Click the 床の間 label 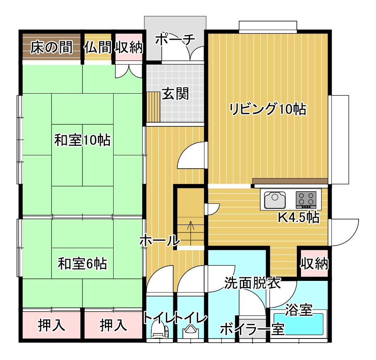click(x=51, y=47)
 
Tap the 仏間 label click(x=98, y=47)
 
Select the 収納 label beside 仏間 click(x=129, y=47)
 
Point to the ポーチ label click(x=175, y=39)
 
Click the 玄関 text click(x=175, y=94)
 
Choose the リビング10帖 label click(x=268, y=109)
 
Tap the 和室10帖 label click(x=82, y=140)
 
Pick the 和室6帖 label click(x=82, y=263)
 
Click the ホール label click(x=160, y=240)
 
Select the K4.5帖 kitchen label click(x=299, y=217)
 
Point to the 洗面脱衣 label click(x=252, y=283)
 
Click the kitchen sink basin click(x=275, y=200)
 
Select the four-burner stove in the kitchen click(x=306, y=200)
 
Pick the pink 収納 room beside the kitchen click(x=314, y=263)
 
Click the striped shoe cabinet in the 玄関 click(x=153, y=107)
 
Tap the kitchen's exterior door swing click(x=345, y=232)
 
